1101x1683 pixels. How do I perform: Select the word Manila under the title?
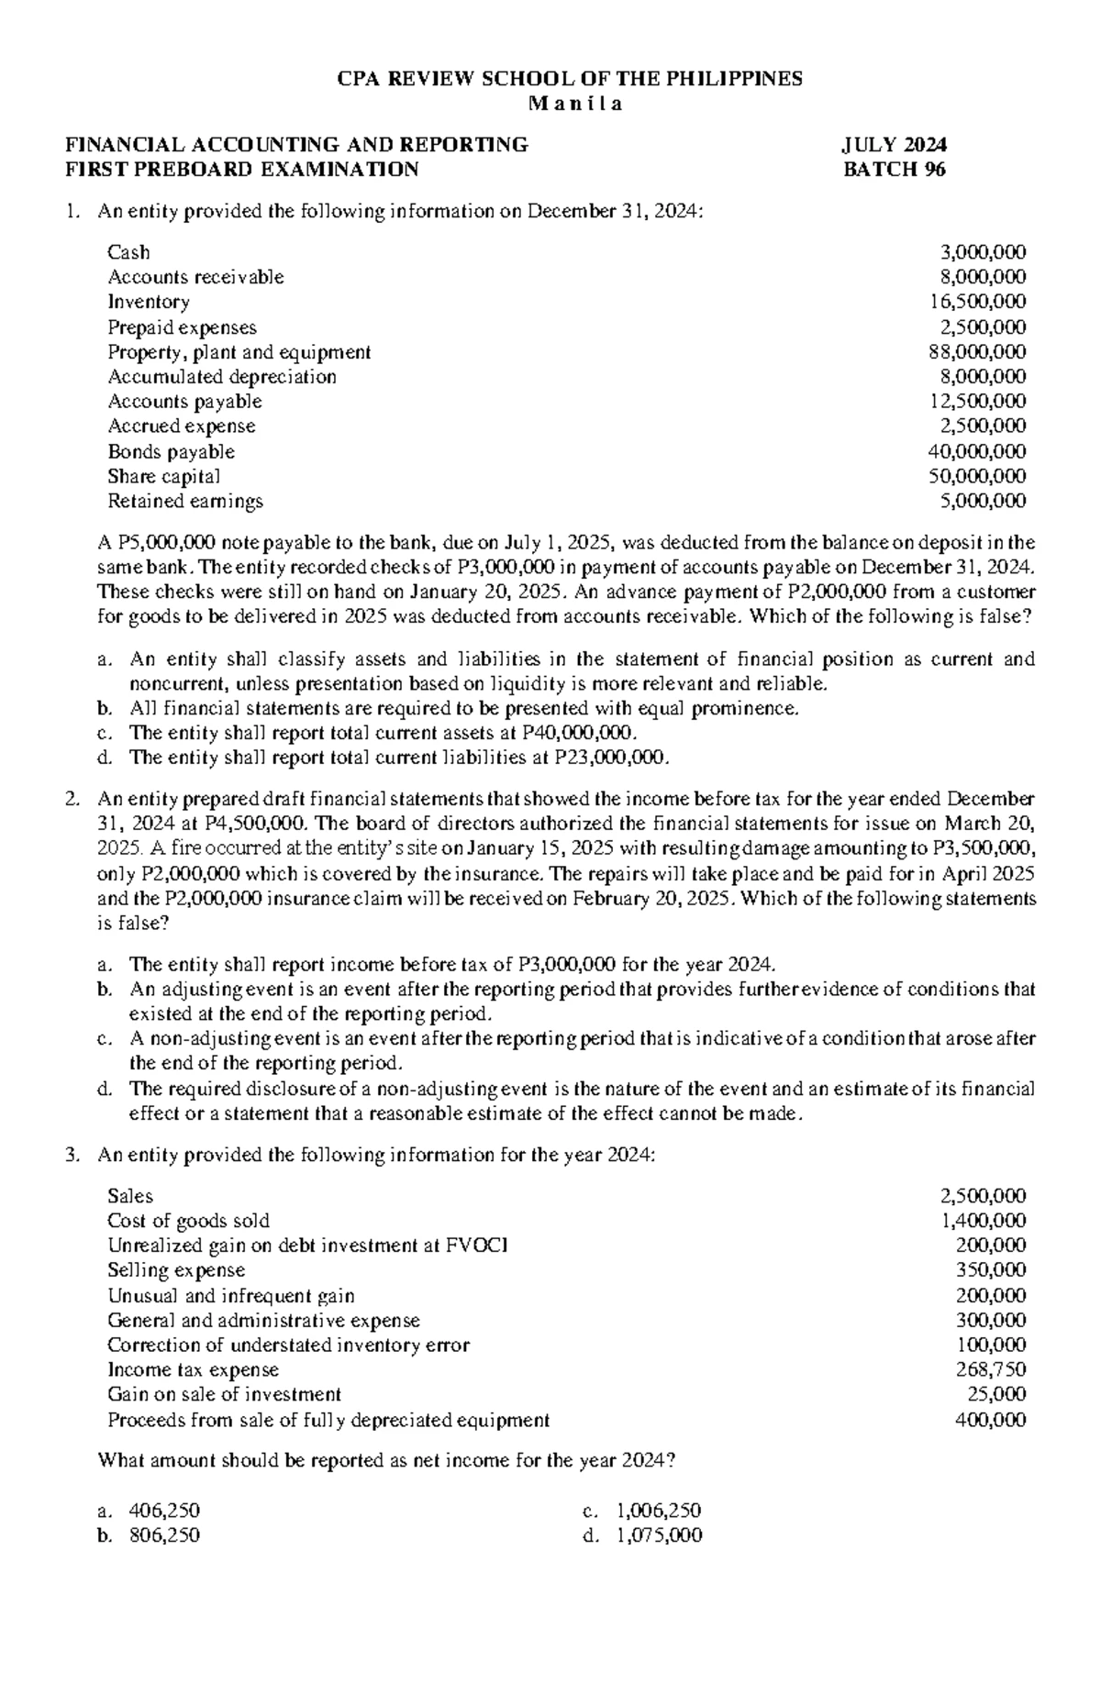point(575,104)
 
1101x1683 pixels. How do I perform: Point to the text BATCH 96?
point(895,170)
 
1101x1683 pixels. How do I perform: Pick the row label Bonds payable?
point(171,452)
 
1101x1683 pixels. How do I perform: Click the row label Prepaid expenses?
point(182,327)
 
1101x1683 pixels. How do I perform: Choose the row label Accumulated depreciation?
point(222,377)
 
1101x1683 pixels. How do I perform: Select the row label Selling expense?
point(176,1270)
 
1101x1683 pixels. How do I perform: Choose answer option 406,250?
point(165,1511)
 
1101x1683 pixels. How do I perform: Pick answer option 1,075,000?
point(659,1535)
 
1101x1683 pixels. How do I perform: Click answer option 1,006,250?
point(659,1511)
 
